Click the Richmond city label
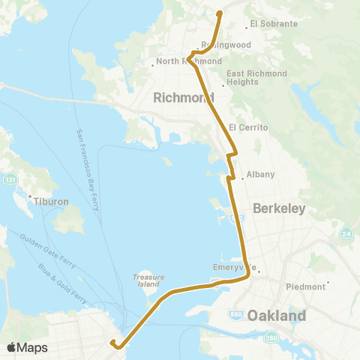point(183,97)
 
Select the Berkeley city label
point(279,209)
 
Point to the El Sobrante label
point(274,24)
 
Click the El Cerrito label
point(248,128)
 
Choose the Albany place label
point(261,175)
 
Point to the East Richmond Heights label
point(258,77)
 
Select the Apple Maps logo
point(27,347)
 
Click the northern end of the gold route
point(219,13)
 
